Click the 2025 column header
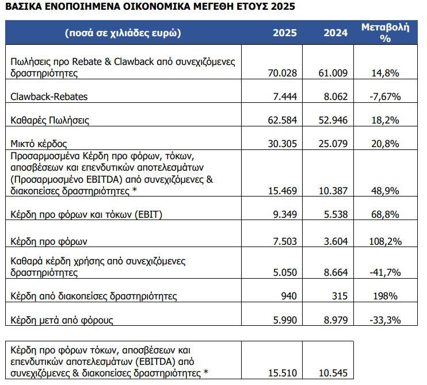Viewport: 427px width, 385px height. point(285,33)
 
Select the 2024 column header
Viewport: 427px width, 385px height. point(335,33)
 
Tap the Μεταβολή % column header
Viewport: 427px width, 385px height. point(385,33)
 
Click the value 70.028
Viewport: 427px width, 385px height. point(283,73)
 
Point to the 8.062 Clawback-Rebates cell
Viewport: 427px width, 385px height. point(335,97)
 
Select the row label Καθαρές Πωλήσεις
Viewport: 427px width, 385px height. point(50,120)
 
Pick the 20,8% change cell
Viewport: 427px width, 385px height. point(385,144)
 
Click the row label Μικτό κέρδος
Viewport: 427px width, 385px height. point(39,144)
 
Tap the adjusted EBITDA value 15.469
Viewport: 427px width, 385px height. point(283,191)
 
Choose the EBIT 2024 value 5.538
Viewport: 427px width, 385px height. point(335,214)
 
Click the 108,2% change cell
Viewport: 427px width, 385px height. point(385,241)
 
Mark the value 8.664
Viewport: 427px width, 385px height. point(335,272)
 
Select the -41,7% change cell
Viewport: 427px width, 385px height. point(385,272)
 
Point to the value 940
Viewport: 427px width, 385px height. point(289,296)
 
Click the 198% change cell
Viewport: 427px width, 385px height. point(385,296)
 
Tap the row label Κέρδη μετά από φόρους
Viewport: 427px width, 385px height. point(62,320)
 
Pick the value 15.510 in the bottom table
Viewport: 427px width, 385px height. point(283,373)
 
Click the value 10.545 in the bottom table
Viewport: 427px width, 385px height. point(333,373)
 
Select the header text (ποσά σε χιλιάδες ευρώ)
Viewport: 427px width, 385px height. point(123,33)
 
